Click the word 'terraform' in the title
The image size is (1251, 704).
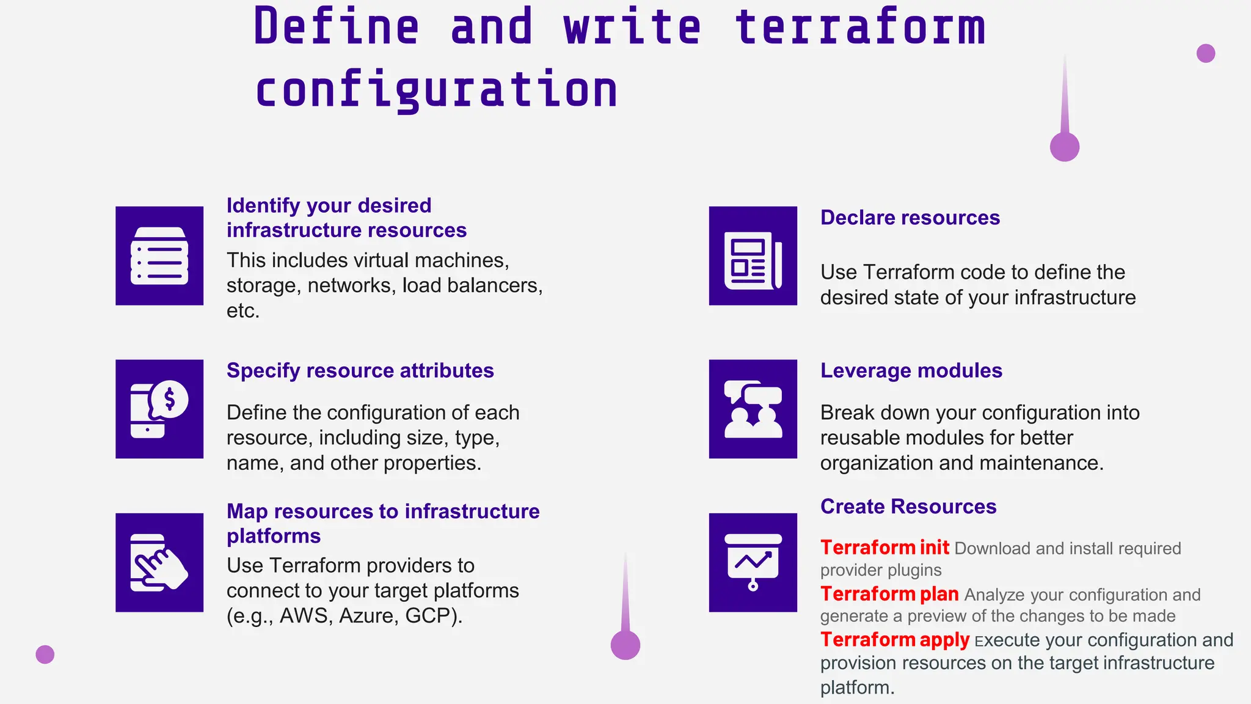tap(860, 28)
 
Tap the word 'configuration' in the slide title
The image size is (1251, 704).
tap(436, 90)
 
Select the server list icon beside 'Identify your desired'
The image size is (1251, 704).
tap(159, 256)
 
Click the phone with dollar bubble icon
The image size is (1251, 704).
tap(159, 409)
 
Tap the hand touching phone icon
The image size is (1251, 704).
tap(159, 562)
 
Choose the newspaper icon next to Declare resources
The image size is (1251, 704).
tap(753, 256)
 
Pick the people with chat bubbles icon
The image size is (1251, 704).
tap(753, 409)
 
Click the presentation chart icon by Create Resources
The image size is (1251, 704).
tap(753, 562)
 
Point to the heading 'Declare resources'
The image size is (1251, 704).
tap(910, 218)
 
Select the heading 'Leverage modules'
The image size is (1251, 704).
tap(911, 370)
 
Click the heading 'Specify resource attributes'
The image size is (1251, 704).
tap(360, 370)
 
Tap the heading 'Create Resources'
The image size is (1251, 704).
tap(908, 507)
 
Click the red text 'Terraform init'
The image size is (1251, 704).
tap(884, 548)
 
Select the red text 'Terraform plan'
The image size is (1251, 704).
tap(889, 594)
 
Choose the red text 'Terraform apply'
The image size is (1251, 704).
tap(894, 640)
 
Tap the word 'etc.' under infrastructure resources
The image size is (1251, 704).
tap(243, 310)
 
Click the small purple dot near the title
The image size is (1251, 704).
tap(1205, 54)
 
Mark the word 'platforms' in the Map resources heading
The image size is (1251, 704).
tap(274, 536)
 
